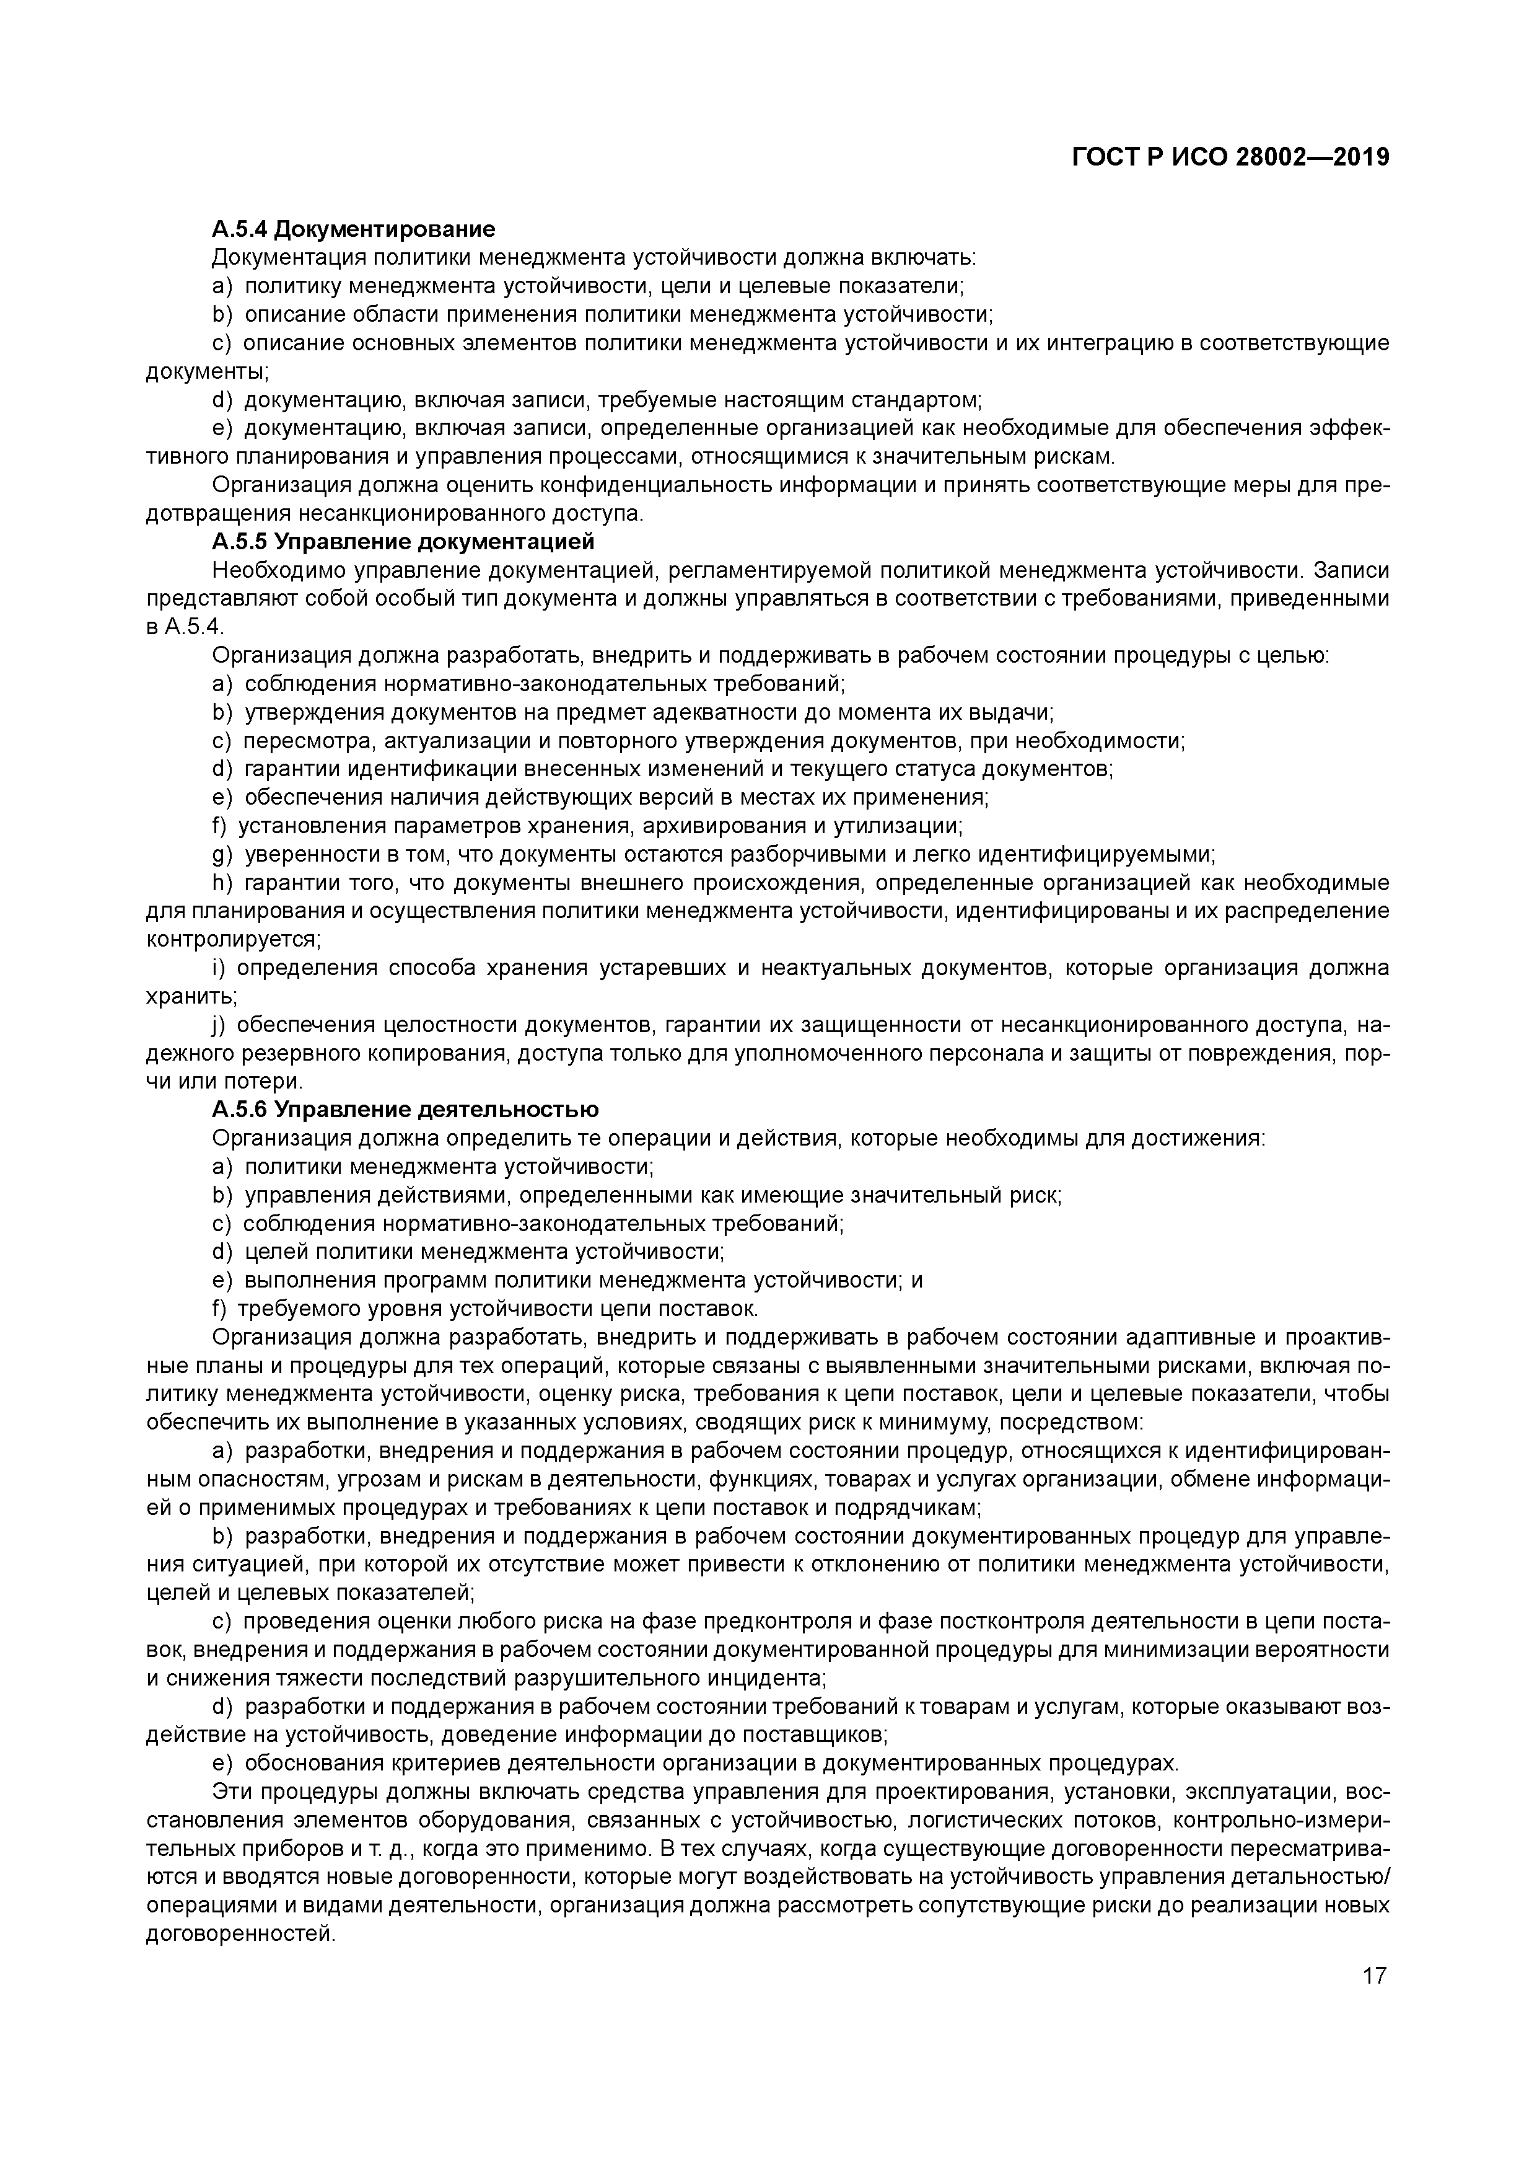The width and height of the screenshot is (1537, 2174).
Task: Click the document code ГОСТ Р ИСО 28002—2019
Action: click(1230, 157)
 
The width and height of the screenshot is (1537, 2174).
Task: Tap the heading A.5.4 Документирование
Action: click(353, 229)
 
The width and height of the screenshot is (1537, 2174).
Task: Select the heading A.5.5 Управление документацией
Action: click(403, 542)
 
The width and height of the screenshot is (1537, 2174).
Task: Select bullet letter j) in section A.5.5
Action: click(219, 1025)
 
